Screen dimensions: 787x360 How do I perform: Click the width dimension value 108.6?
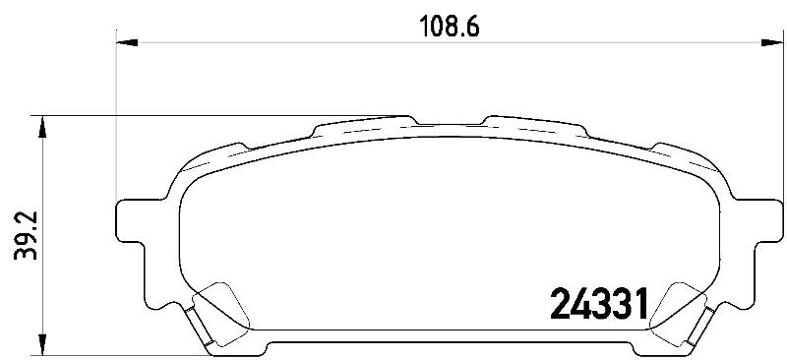450,28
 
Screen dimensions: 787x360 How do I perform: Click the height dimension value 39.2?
26,235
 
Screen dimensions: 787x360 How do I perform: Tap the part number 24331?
599,304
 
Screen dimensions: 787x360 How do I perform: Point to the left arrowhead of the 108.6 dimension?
127,42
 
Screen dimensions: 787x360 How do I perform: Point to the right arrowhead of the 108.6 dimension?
772,42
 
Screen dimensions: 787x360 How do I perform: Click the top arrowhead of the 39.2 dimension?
42,127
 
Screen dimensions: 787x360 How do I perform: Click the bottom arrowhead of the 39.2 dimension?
42,345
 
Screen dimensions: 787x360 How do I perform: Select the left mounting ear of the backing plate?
132,221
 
